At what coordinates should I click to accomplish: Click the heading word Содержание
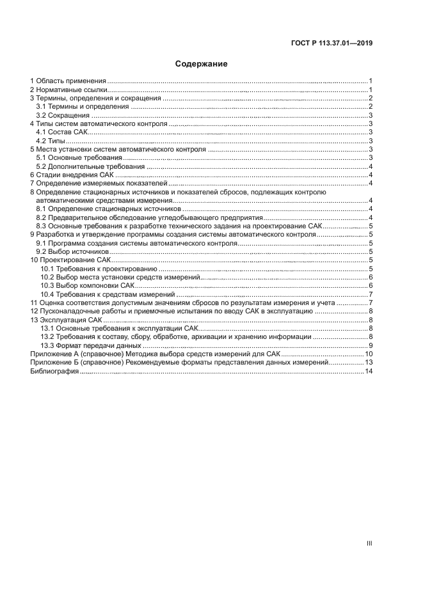(202, 64)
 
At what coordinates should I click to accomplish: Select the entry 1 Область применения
(68, 81)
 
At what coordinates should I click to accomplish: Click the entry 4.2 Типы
(51, 140)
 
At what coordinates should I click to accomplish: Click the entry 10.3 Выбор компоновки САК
(87, 285)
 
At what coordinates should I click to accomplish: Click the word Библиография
(54, 371)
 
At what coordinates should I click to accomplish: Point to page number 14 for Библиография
(369, 371)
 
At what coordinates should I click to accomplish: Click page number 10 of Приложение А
(369, 354)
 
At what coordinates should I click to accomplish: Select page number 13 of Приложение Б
(369, 362)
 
